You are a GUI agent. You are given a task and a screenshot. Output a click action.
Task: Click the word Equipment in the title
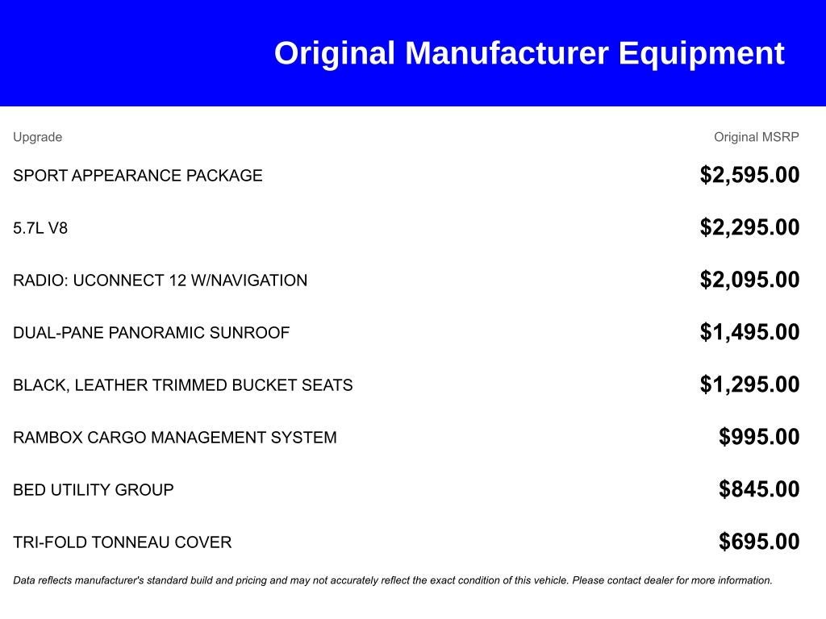(701, 54)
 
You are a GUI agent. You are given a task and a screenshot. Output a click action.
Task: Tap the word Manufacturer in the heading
(507, 53)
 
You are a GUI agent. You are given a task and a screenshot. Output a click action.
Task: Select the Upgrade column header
(37, 137)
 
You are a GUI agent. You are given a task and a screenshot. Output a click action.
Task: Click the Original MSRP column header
(757, 137)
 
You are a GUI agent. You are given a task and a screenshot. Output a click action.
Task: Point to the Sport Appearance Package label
(137, 175)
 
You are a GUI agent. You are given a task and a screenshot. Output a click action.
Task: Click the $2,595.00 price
(749, 175)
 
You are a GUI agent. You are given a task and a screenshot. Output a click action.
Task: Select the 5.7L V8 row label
(40, 228)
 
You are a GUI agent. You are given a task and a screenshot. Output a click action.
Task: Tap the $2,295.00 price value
(749, 226)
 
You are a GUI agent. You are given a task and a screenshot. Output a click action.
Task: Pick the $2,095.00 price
(749, 280)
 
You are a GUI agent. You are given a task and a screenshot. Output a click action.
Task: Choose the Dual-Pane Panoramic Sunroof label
(151, 333)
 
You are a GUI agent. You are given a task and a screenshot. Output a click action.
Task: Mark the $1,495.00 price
(749, 331)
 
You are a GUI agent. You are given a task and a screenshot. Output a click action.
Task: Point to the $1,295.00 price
(749, 384)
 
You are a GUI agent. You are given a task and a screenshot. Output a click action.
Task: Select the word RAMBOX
(48, 438)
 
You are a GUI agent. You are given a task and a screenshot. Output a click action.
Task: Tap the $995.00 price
(759, 436)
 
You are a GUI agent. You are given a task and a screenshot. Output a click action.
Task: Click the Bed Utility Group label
(94, 489)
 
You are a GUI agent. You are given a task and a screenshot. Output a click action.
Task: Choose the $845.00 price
(759, 489)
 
